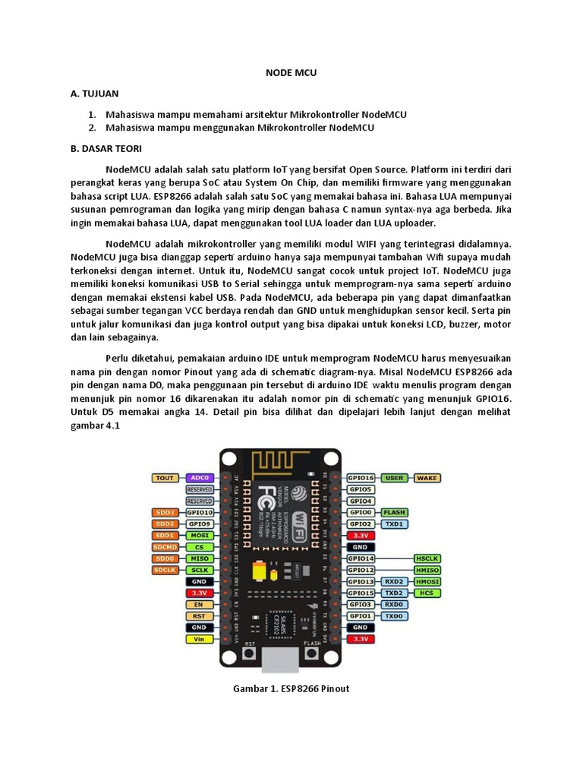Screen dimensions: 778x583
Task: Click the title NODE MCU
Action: [291, 73]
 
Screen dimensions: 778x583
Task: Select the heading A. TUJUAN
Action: [94, 94]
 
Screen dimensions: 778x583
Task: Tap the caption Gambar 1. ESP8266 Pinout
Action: [291, 688]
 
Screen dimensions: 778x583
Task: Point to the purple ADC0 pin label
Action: [199, 478]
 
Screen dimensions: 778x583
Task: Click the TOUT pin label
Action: [165, 478]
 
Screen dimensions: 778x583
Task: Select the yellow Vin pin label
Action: [199, 640]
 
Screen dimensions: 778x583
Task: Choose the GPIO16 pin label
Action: [361, 478]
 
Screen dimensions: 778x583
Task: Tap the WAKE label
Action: [427, 478]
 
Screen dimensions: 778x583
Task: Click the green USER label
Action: [394, 478]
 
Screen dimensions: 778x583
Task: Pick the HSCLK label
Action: [428, 558]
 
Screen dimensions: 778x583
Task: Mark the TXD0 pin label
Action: [394, 616]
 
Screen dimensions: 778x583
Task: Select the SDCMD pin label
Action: [165, 547]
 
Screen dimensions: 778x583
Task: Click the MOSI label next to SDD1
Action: [199, 536]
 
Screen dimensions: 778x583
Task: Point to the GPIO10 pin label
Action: [199, 513]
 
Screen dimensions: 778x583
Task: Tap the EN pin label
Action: [199, 605]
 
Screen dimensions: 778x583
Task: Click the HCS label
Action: [427, 593]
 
